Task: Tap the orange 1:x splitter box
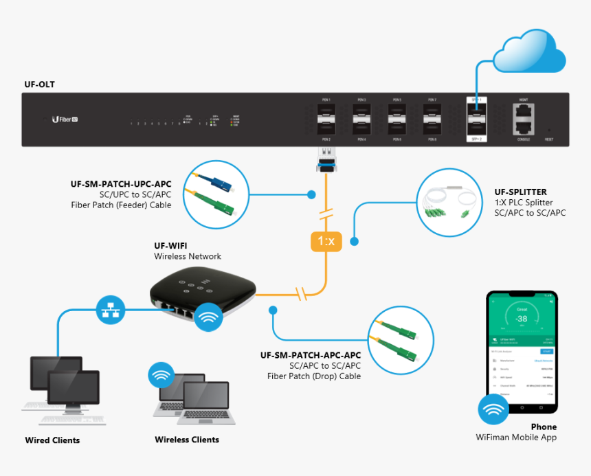(x=326, y=240)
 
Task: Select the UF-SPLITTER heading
(x=520, y=192)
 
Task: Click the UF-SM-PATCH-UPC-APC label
(x=121, y=184)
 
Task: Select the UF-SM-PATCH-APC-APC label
(x=310, y=355)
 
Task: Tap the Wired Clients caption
(x=52, y=440)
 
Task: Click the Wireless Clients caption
(x=187, y=440)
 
